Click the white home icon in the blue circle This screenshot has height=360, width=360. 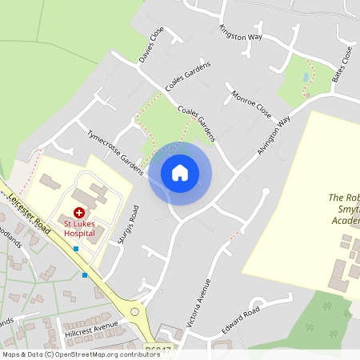coord(179,173)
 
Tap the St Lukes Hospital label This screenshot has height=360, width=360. coord(80,228)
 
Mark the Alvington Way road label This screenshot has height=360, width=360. coord(274,135)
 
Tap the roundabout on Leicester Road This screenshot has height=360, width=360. coord(134,311)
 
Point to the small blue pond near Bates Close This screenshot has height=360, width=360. coord(305,77)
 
